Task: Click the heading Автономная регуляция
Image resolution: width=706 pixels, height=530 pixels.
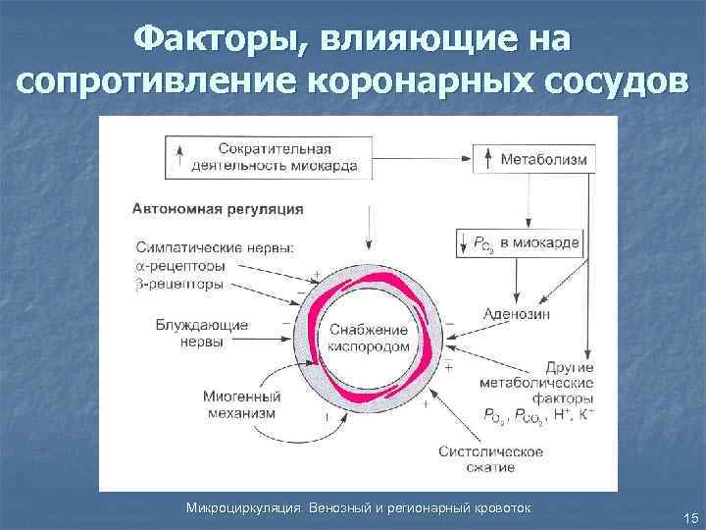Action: tap(219, 208)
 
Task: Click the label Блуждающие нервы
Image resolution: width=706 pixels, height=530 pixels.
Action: tap(201, 333)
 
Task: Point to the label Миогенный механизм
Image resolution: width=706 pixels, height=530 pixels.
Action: tap(241, 405)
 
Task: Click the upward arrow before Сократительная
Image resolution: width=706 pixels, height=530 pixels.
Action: tap(179, 157)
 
